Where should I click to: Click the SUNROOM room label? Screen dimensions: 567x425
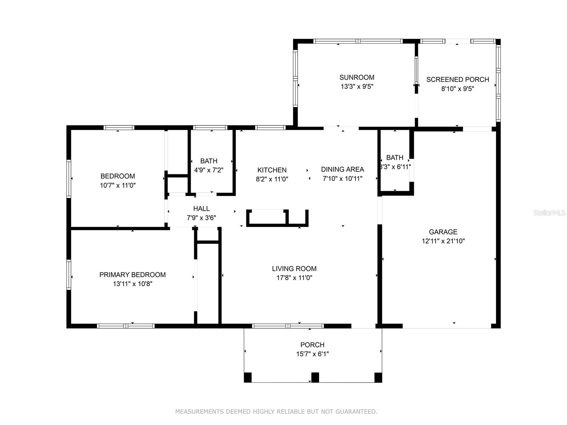click(x=357, y=78)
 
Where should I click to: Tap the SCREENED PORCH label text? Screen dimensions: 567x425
click(x=457, y=79)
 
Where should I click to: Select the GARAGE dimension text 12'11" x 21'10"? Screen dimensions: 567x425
click(x=443, y=241)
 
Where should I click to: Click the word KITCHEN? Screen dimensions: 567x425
click(x=272, y=170)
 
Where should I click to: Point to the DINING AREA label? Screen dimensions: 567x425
click(x=343, y=169)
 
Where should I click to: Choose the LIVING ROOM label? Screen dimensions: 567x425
click(x=294, y=268)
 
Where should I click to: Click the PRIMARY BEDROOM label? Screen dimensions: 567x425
click(x=133, y=274)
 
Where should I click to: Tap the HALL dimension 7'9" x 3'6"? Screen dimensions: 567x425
click(x=202, y=218)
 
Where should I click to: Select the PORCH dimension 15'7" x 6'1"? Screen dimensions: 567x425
click(x=312, y=354)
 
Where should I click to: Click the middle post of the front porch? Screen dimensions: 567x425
click(x=315, y=377)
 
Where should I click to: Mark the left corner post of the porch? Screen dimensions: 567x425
click(x=248, y=377)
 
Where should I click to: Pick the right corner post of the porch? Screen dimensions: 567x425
click(x=378, y=377)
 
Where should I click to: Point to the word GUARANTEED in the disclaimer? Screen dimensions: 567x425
click(x=357, y=411)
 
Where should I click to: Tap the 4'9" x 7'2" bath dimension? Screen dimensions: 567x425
click(x=209, y=170)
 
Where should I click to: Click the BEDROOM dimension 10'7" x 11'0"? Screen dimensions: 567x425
click(x=118, y=185)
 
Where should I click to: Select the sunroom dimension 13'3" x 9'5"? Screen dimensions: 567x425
click(x=357, y=86)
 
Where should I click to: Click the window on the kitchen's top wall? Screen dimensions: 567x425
click(x=270, y=127)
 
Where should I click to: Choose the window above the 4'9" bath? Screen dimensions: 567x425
click(x=210, y=127)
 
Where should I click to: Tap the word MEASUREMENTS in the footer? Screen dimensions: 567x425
click(x=200, y=411)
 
